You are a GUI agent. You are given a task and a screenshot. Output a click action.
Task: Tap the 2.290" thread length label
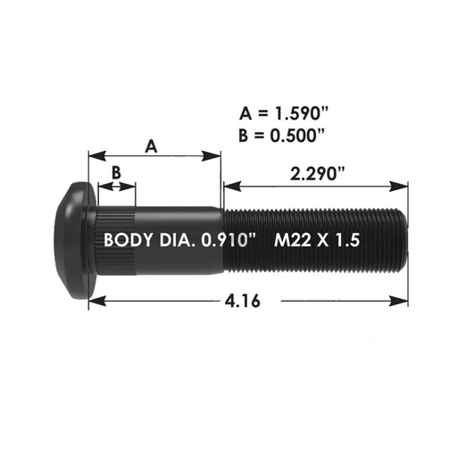318,174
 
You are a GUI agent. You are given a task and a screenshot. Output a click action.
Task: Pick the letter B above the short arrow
115,172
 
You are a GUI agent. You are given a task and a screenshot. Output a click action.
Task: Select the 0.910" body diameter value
230,240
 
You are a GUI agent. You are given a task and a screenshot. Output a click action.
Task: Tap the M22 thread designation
295,240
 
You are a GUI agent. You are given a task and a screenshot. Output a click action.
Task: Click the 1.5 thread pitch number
350,240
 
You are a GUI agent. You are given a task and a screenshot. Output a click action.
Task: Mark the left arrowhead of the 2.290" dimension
228,186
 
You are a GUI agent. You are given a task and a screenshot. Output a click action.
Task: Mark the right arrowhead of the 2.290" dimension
403,186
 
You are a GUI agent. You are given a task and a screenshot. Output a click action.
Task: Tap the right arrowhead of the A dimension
217,157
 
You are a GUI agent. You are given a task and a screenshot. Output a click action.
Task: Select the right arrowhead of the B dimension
132,187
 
